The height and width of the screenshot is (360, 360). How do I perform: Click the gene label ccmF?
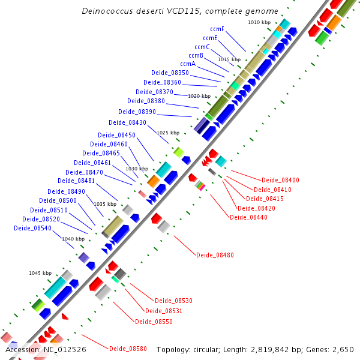coord(217,29)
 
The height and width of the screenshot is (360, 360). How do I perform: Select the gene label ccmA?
coord(188,64)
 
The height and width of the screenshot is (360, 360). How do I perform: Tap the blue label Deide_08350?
coord(170,73)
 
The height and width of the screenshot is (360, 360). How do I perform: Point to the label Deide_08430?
coord(130,122)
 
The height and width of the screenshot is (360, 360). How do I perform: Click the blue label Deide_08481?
coord(76,181)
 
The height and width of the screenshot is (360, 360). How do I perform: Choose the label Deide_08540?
coord(32,228)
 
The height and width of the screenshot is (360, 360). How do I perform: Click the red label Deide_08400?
coord(280,180)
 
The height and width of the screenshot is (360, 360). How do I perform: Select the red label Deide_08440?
coord(248,217)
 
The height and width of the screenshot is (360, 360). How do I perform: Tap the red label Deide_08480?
coord(215,255)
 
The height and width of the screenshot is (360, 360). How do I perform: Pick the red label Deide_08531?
coord(163,311)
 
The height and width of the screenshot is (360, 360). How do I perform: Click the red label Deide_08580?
coord(128,348)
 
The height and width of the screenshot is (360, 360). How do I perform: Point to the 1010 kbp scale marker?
coord(259,22)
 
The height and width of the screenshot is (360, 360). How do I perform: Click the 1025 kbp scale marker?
coord(168,133)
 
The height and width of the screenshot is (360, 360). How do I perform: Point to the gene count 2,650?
coord(343,349)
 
